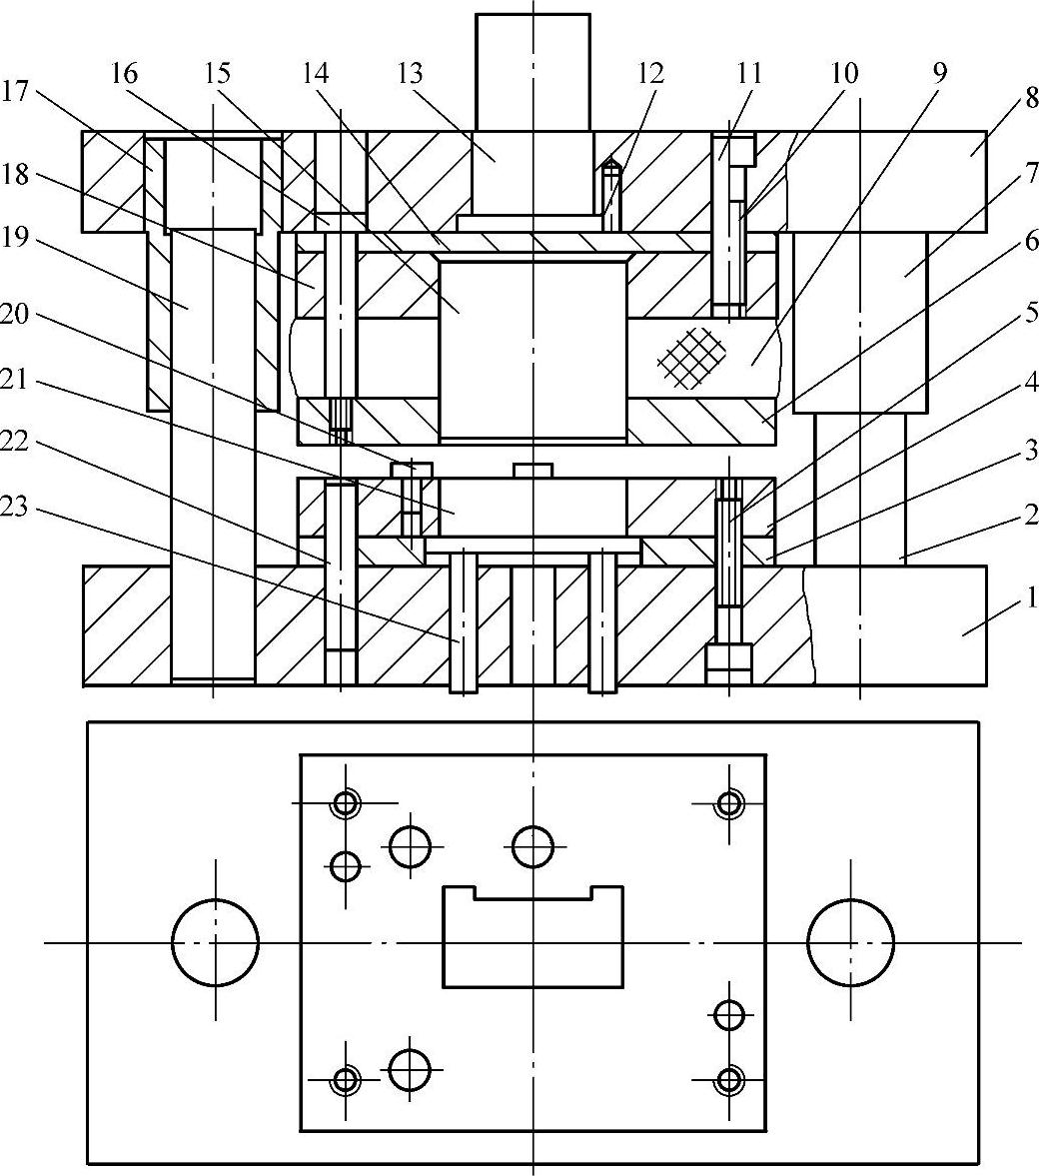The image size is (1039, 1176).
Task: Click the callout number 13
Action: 410,72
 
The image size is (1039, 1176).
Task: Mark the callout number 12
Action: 650,72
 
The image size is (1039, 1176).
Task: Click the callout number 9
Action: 939,72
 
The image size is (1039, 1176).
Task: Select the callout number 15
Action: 217,72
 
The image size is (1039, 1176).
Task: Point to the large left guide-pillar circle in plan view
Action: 215,942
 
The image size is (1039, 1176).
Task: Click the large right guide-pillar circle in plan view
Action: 850,942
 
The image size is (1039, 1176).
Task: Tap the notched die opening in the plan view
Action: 533,939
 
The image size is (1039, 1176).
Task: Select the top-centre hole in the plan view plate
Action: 533,846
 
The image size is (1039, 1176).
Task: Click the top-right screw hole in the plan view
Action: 730,802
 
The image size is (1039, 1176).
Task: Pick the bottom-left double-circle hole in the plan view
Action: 346,1079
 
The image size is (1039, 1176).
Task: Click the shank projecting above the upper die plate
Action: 532,70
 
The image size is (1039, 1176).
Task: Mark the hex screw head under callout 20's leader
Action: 412,469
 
